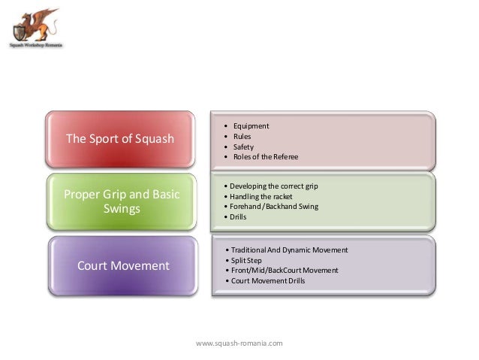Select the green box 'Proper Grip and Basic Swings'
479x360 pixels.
coord(120,202)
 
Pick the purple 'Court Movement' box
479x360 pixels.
coord(120,265)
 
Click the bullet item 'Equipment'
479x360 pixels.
coord(251,126)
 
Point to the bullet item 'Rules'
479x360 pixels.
coord(242,136)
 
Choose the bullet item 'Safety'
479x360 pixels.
coord(243,147)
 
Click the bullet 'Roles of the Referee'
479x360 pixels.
coord(265,157)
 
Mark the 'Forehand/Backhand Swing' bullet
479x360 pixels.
coord(271,206)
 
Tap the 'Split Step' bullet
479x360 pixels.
coord(249,259)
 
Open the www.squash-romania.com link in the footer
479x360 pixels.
coord(239,343)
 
